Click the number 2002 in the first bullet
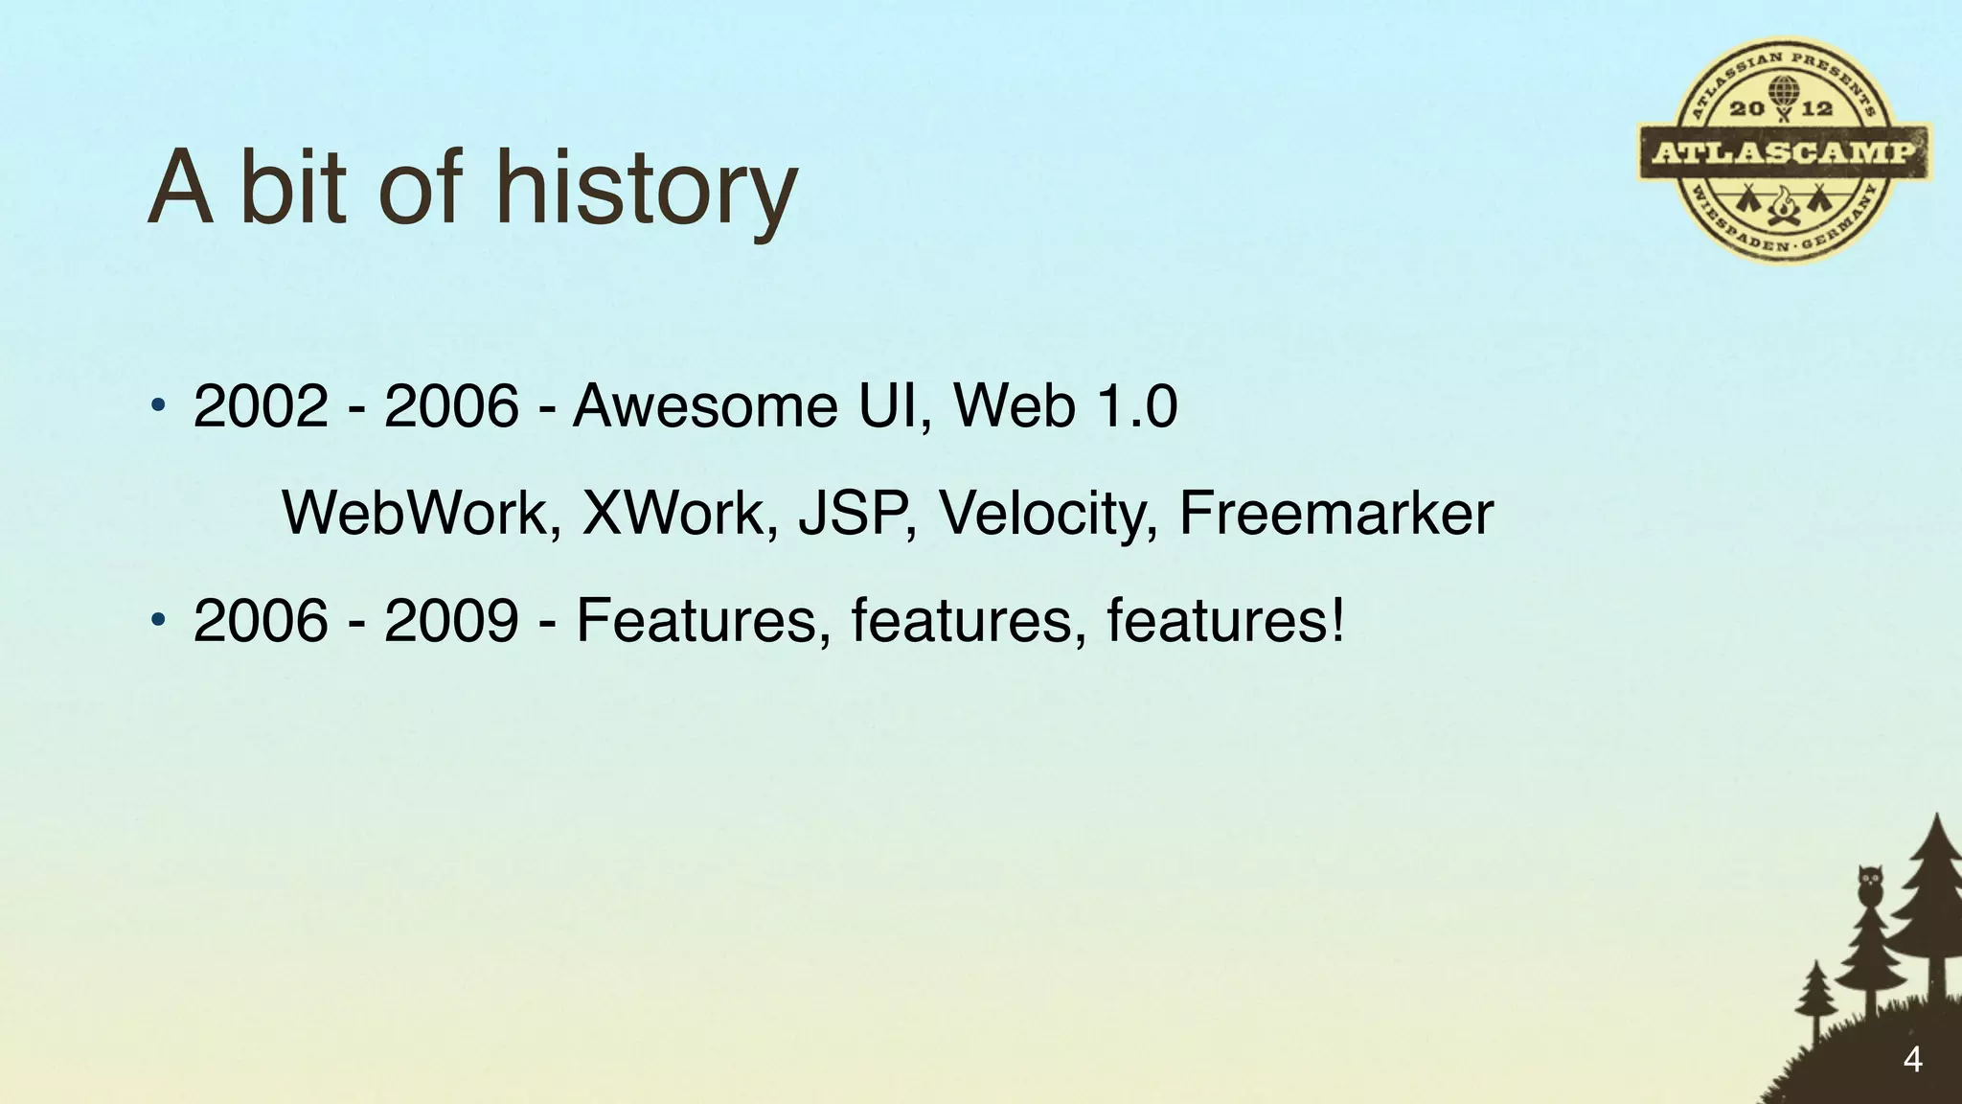(261, 405)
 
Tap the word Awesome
(704, 405)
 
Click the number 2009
(451, 620)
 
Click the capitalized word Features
(702, 620)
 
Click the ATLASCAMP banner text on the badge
(1784, 152)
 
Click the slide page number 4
(1912, 1060)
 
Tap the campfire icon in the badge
(1783, 205)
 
